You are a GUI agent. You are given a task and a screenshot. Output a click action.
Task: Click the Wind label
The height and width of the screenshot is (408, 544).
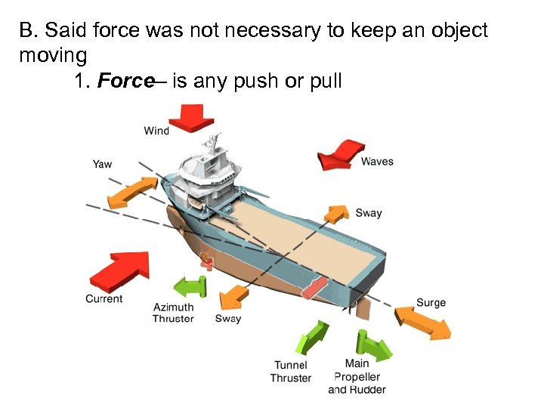coord(156,131)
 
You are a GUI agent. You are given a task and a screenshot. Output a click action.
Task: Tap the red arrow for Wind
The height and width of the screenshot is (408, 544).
coord(191,118)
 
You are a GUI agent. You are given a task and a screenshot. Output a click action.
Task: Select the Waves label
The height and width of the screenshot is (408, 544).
coord(377,161)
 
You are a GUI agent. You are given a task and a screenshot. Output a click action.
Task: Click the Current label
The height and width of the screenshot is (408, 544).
coord(104,298)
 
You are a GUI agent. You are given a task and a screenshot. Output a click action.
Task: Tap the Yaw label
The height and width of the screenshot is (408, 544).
coord(102,164)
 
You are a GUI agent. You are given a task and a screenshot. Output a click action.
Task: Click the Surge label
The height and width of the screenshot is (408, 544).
coord(431,303)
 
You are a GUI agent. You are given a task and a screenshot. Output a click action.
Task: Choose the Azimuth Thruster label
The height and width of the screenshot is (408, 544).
coord(173,313)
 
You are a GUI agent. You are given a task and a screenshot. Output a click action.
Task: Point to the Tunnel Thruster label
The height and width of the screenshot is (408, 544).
coord(291,371)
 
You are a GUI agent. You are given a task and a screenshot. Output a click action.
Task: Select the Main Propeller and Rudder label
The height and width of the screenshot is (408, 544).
coord(357,376)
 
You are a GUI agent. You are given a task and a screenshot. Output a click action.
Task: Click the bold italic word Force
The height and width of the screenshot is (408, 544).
coord(125,82)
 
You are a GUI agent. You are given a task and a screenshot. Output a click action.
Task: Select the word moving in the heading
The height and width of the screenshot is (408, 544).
coord(53,56)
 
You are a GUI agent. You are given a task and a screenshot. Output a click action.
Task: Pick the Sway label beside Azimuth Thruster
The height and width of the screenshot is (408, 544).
coord(227,318)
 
